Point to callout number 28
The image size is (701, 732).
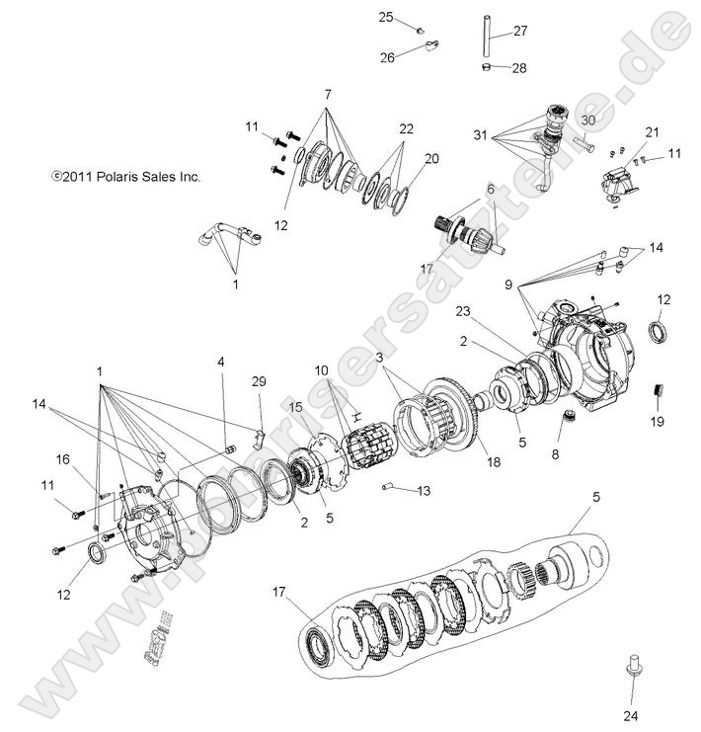tap(519, 67)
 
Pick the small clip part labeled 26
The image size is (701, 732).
tap(430, 43)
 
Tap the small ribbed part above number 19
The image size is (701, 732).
tap(654, 395)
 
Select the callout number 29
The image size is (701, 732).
tap(259, 381)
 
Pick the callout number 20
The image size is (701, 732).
tap(431, 158)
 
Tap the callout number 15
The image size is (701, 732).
tap(296, 406)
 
